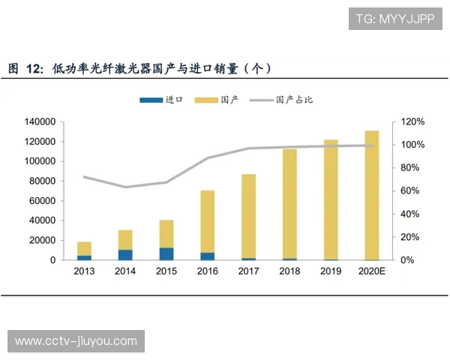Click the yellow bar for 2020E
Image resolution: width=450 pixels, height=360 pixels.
pyautogui.click(x=372, y=195)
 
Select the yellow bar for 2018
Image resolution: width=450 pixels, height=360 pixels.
pyautogui.click(x=289, y=203)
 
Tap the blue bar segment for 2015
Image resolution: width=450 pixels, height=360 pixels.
pyautogui.click(x=166, y=253)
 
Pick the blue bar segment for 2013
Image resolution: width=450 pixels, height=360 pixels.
pyautogui.click(x=84, y=257)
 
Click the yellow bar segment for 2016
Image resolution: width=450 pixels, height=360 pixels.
pyautogui.click(x=208, y=221)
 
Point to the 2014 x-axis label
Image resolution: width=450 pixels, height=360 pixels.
pyautogui.click(x=125, y=271)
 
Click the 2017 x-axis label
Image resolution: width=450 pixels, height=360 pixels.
pyautogui.click(x=248, y=271)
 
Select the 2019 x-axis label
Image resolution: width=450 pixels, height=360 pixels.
pyautogui.click(x=331, y=271)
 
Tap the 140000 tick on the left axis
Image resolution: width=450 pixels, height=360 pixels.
pyautogui.click(x=41, y=121)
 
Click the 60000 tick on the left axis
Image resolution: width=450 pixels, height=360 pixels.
pyautogui.click(x=43, y=200)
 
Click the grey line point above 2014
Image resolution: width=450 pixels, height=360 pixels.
pyautogui.click(x=125, y=187)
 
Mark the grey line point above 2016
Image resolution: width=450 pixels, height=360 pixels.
pyautogui.click(x=208, y=158)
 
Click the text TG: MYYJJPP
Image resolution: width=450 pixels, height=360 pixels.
pyautogui.click(x=395, y=19)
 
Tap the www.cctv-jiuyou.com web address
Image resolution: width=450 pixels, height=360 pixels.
pyautogui.click(x=76, y=341)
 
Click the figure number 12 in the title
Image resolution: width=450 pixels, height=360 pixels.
pyautogui.click(x=34, y=69)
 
